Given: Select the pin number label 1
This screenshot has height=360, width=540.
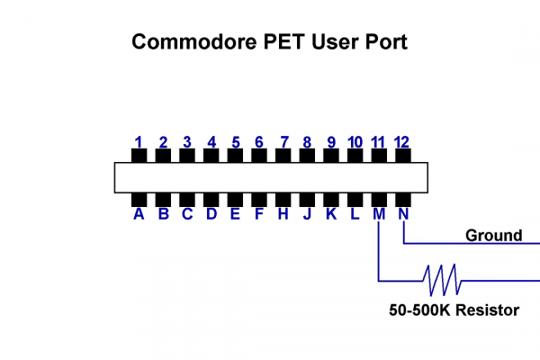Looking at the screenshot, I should coord(139,141).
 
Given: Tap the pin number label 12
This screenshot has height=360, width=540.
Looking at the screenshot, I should coord(402,141).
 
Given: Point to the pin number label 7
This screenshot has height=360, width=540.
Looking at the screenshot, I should coord(283,141).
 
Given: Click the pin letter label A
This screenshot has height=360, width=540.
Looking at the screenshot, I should coord(139,214).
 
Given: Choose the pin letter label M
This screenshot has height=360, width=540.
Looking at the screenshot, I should coord(379,214).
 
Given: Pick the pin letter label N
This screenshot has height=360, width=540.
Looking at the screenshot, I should coord(403,214).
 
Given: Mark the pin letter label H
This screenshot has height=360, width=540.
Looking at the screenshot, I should coord(283,214).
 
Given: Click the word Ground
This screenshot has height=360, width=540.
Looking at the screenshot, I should coord(493,236).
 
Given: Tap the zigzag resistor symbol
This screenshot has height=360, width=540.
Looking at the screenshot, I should coord(443,280).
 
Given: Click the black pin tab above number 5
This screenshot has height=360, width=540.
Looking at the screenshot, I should coord(235,156).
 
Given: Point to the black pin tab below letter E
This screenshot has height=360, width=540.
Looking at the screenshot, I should coord(235,199).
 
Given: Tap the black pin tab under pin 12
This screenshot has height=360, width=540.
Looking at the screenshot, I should coord(402,156).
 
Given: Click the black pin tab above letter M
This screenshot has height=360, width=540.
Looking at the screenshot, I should coord(379,199).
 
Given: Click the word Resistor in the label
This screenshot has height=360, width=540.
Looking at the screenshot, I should coord(487,310).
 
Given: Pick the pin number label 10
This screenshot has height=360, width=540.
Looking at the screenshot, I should coord(355,141).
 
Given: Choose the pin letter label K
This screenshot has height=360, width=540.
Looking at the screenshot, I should coord(331,214).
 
